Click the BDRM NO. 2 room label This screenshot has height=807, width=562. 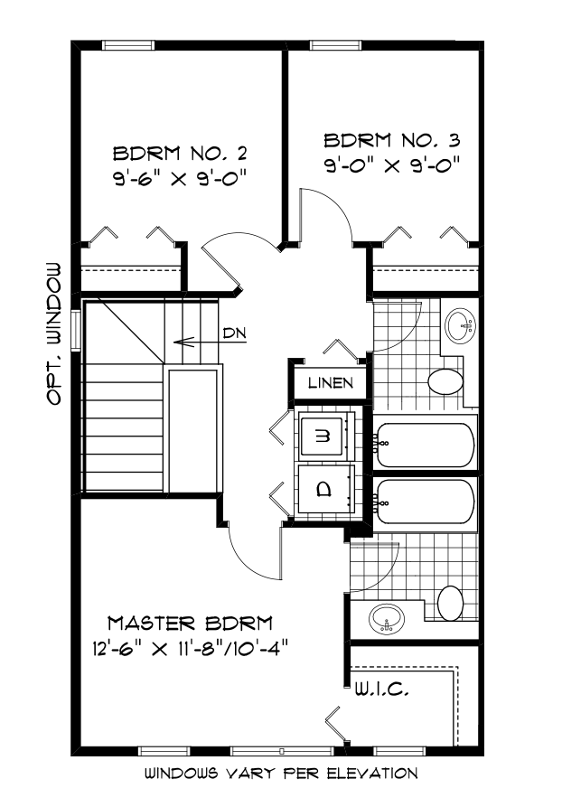179,151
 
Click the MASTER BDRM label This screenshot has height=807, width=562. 191,623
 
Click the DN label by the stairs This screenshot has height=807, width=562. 234,333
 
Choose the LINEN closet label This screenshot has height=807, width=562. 329,382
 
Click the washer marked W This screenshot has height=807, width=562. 325,436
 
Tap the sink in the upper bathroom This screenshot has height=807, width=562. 462,325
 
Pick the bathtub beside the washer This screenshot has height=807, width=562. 425,444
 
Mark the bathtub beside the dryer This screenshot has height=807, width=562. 425,501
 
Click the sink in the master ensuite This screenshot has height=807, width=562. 388,619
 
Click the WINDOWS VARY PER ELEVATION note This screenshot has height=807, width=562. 281,774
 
